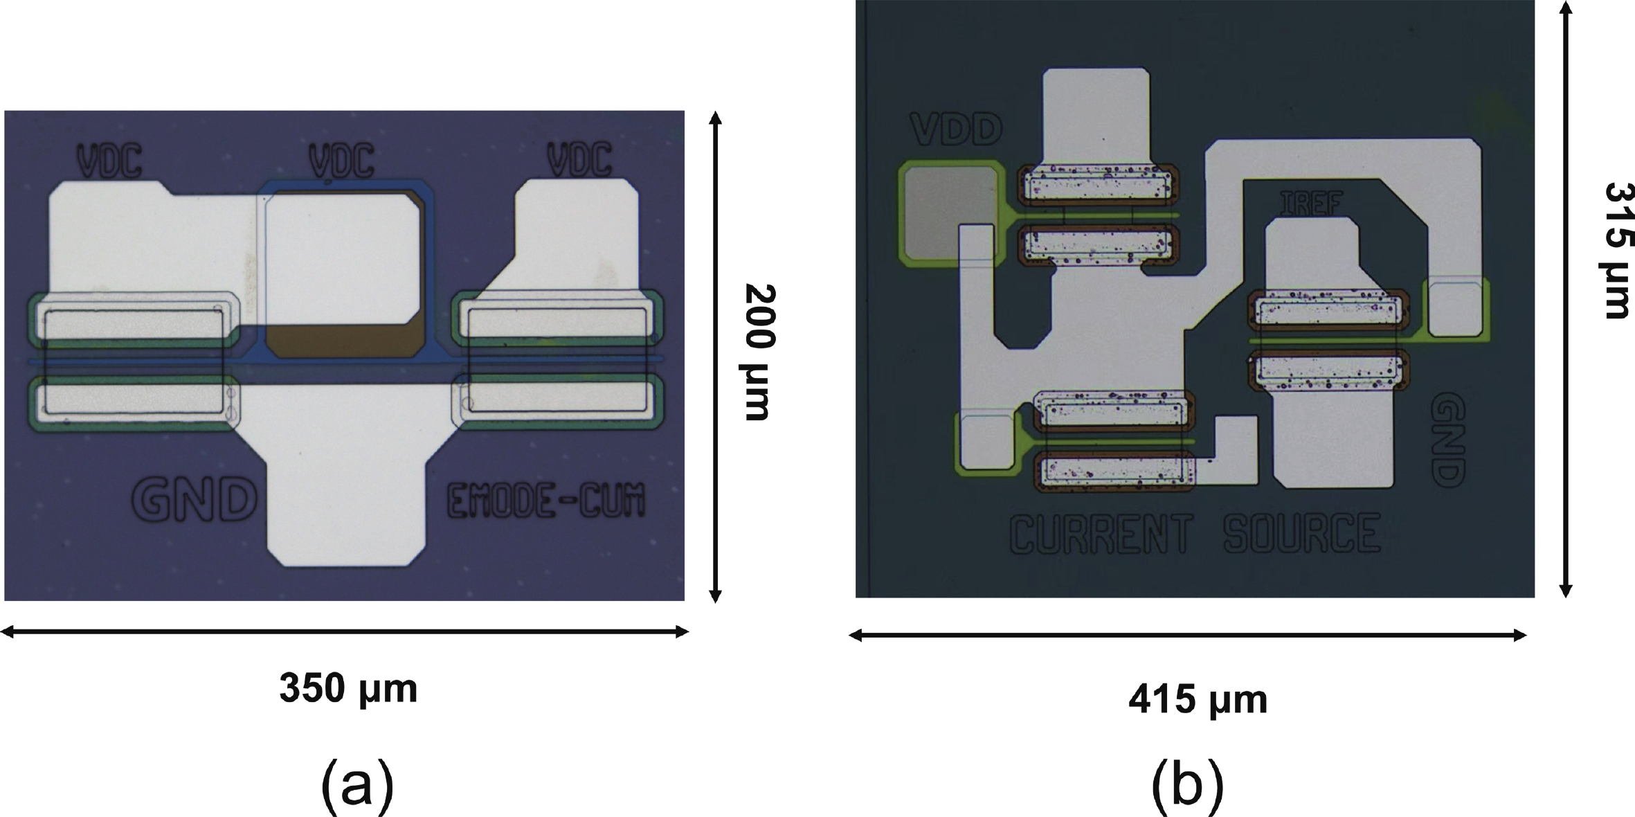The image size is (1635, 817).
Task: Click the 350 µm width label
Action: [x=348, y=689]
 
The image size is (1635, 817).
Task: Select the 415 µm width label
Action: [x=1198, y=700]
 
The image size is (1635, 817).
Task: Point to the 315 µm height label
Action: [x=1618, y=250]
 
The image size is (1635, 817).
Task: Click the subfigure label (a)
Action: [x=357, y=788]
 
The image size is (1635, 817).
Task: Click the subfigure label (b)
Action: [x=1187, y=788]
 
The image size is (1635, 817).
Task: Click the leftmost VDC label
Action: [x=109, y=160]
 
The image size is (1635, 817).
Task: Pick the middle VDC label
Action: [x=342, y=160]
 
